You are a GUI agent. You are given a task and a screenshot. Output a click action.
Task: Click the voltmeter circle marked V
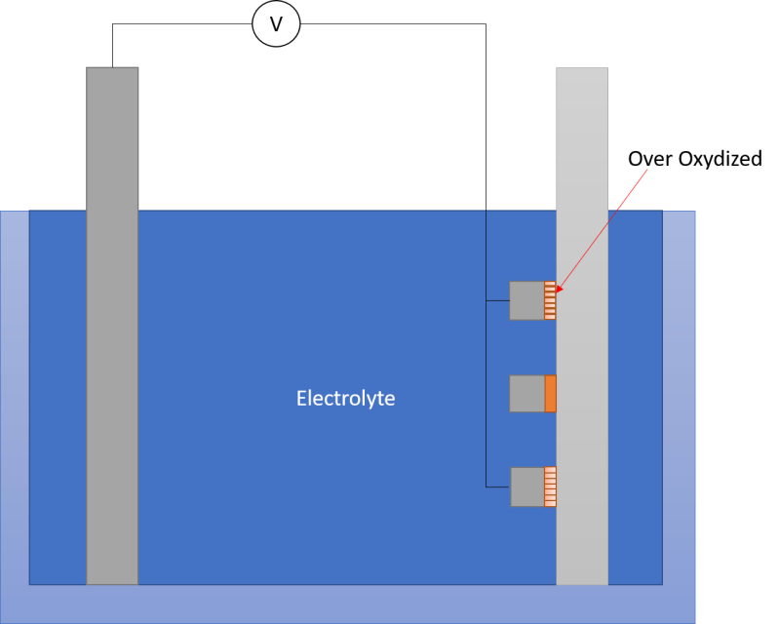[276, 24]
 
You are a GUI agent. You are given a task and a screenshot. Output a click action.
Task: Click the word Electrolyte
[345, 399]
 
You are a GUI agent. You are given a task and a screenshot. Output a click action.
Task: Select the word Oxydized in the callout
[721, 158]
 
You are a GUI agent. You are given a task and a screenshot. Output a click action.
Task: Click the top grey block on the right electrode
[527, 300]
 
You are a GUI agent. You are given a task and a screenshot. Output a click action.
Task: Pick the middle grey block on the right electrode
[527, 393]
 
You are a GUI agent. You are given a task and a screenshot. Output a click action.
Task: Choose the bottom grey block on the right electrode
[527, 487]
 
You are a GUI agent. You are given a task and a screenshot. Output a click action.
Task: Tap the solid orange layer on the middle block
[550, 393]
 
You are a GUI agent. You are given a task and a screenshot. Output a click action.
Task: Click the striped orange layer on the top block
[550, 300]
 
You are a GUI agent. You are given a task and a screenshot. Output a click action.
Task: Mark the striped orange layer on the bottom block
[550, 487]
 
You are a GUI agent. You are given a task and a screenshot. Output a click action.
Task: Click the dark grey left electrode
[112, 322]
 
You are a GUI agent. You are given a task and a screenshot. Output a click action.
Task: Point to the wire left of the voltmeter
[175, 24]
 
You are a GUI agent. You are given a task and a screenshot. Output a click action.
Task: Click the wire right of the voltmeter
[390, 24]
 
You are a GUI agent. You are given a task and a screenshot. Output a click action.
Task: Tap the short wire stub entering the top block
[497, 300]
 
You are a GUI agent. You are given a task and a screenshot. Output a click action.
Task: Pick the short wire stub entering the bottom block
[497, 487]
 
